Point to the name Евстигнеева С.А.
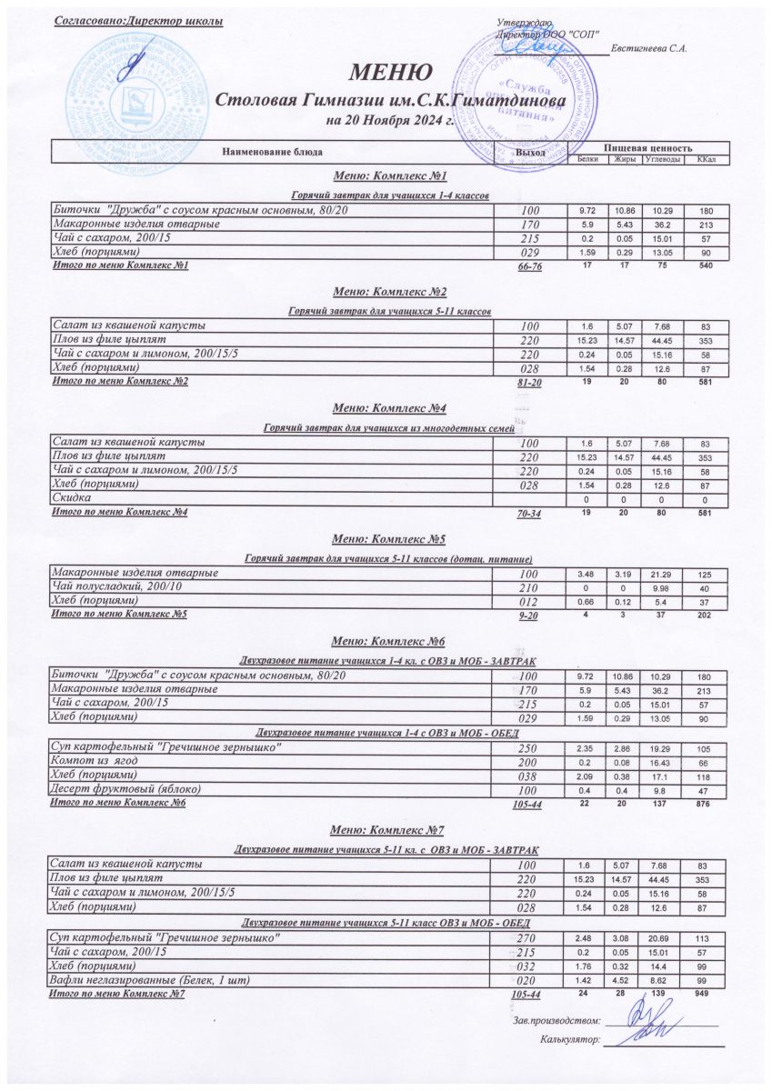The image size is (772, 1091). pyautogui.click(x=648, y=48)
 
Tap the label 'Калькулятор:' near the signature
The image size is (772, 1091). pyautogui.click(x=570, y=1040)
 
